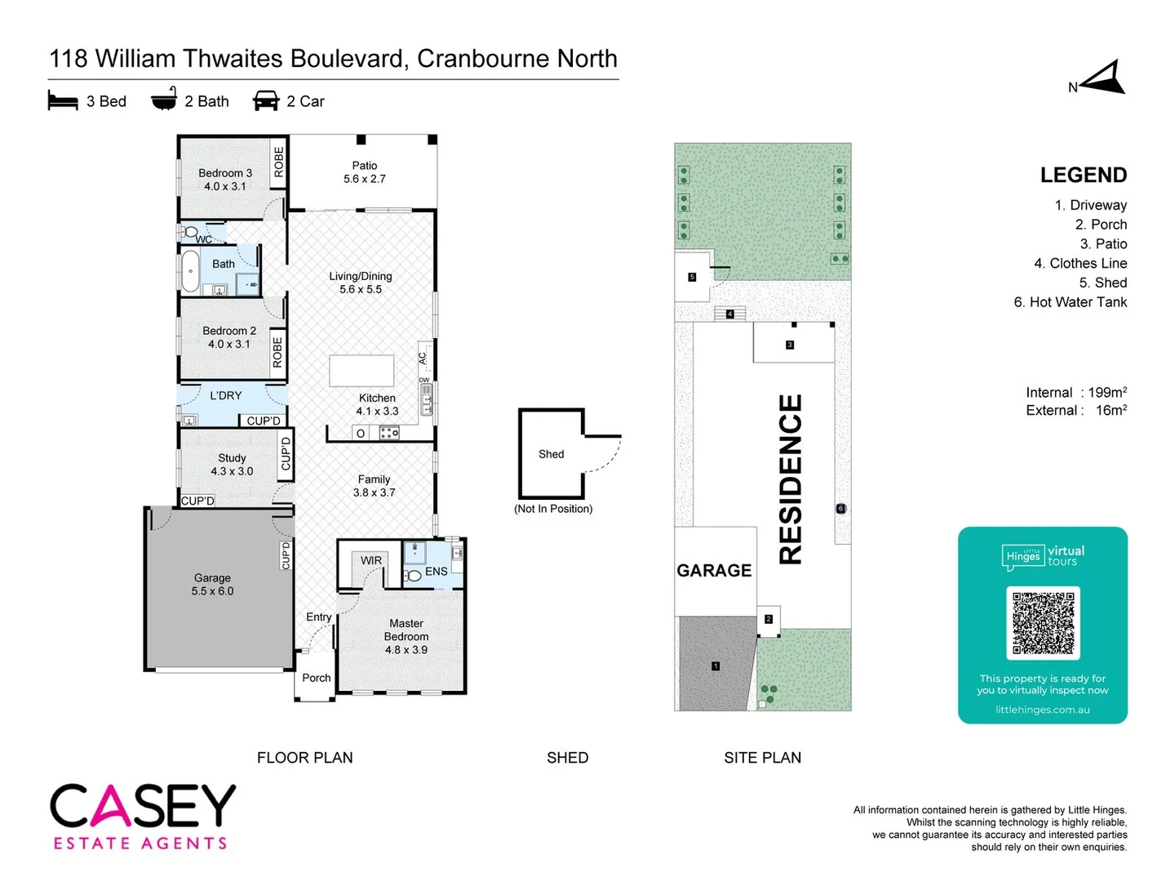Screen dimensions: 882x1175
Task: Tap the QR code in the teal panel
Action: pyautogui.click(x=1043, y=623)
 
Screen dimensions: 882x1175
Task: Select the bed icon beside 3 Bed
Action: pyautogui.click(x=63, y=101)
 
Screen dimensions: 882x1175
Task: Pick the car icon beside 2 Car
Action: pyautogui.click(x=266, y=100)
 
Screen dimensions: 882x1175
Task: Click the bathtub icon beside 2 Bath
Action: pyautogui.click(x=164, y=99)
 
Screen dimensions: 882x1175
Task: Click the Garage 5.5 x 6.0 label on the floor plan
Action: pyautogui.click(x=212, y=584)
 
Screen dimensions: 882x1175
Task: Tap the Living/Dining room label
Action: pyautogui.click(x=361, y=283)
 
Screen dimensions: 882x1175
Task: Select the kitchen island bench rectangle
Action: pyautogui.click(x=361, y=370)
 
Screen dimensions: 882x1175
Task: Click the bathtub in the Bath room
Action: pyautogui.click(x=190, y=270)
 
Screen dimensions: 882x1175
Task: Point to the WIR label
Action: pyautogui.click(x=371, y=560)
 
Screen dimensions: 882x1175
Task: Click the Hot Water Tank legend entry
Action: pyautogui.click(x=1070, y=302)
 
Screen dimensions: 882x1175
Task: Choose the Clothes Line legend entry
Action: pyautogui.click(x=1080, y=263)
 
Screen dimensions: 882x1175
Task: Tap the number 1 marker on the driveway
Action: pyautogui.click(x=716, y=666)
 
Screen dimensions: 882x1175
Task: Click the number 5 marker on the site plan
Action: pyautogui.click(x=692, y=277)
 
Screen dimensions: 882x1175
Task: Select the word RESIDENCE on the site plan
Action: pyautogui.click(x=791, y=479)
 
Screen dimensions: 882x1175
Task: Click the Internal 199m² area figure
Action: pyautogui.click(x=1076, y=393)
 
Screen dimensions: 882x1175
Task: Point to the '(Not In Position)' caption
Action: pyautogui.click(x=553, y=509)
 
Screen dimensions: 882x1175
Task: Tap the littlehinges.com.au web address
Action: pyautogui.click(x=1043, y=710)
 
